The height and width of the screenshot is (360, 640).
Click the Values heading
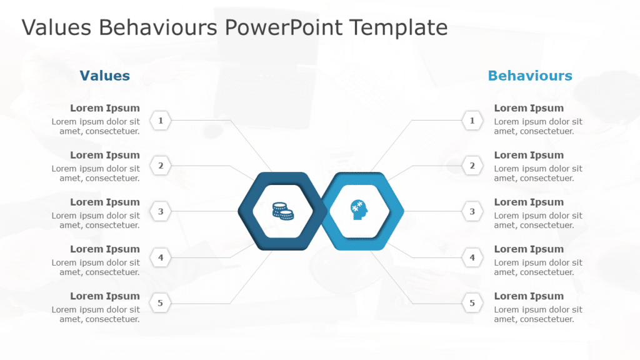click(104, 76)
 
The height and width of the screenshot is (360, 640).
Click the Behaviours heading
click(529, 76)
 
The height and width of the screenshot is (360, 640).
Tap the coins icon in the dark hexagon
click(282, 211)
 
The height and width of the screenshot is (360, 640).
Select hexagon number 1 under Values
click(161, 121)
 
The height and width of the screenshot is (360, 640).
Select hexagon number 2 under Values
click(161, 166)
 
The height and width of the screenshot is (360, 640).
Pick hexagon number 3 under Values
click(161, 211)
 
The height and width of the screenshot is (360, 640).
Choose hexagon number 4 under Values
click(161, 257)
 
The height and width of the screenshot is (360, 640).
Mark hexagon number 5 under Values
click(161, 303)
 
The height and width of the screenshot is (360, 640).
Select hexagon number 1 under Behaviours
click(472, 121)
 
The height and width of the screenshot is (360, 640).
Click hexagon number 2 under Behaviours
click(472, 166)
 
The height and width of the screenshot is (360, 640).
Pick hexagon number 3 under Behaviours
click(472, 211)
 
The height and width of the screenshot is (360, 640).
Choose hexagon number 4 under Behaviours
click(472, 257)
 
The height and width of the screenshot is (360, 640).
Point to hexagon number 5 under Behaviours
click(472, 303)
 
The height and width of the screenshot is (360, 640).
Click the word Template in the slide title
click(398, 28)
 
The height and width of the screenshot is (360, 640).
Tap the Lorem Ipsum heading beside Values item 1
click(105, 108)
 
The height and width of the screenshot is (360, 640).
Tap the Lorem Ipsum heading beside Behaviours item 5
click(529, 296)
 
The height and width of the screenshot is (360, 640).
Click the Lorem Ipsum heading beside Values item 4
click(105, 249)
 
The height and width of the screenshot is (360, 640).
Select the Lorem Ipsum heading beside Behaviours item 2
click(529, 155)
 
